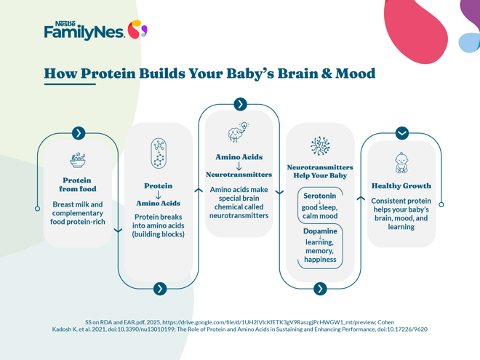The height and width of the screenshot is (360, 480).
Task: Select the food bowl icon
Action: click(x=78, y=160)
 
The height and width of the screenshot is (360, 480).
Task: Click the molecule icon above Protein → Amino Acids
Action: click(x=159, y=154)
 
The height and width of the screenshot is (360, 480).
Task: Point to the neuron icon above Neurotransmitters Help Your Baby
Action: click(x=320, y=146)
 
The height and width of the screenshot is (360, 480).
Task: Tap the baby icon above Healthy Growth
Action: click(x=401, y=162)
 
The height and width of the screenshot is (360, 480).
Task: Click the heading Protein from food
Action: click(x=78, y=185)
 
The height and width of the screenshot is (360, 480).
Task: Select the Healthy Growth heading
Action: click(x=401, y=186)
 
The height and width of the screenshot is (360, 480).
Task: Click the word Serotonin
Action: click(x=319, y=196)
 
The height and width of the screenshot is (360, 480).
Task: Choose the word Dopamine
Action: click(x=319, y=231)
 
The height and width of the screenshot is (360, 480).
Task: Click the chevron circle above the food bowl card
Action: click(x=79, y=133)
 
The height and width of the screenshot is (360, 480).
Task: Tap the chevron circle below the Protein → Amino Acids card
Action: click(x=160, y=289)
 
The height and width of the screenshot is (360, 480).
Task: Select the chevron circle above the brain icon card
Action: click(x=240, y=104)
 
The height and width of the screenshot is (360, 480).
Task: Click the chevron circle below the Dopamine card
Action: click(x=320, y=289)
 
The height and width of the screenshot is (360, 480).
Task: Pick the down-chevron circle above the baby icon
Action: click(x=401, y=133)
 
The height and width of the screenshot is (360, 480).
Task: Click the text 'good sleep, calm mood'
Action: click(x=319, y=212)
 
